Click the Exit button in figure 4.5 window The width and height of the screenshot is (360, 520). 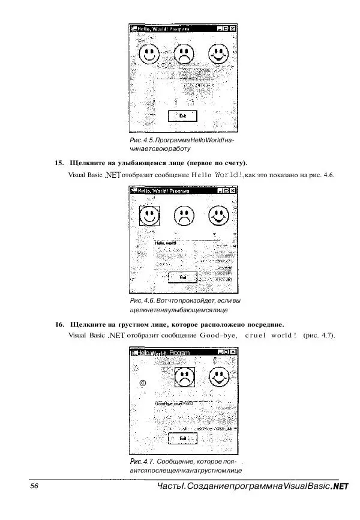[182, 115]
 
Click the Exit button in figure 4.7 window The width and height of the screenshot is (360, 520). [182, 440]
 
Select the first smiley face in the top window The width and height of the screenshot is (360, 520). [149, 55]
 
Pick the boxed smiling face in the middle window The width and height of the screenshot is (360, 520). [149, 215]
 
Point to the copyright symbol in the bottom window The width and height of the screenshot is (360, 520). [143, 383]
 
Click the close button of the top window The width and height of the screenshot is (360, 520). [233, 29]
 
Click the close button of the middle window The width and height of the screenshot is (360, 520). [233, 190]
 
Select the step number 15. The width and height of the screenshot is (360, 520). [58, 163]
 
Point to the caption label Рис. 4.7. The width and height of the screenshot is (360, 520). [142, 461]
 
